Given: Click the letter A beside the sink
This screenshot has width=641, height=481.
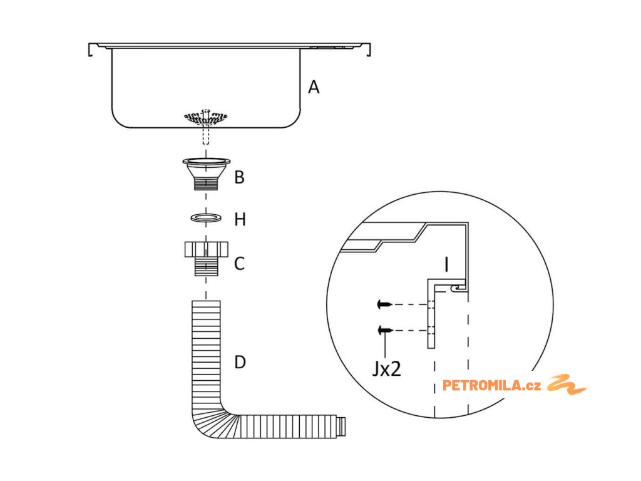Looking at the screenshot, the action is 314,87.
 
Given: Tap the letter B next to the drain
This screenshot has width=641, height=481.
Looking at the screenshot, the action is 239,177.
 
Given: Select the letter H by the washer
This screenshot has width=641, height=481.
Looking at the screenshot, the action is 240,220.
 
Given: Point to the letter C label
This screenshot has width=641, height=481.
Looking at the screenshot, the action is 239,264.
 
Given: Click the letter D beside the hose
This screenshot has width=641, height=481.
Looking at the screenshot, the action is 240,363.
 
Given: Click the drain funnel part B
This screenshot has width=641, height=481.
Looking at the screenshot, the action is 206,172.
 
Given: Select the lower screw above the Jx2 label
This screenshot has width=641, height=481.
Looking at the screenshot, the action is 384,330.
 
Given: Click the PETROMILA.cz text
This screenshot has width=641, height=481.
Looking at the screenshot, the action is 491,385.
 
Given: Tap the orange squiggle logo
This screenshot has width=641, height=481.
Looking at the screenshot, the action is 567,385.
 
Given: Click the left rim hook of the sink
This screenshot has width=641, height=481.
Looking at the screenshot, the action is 91,49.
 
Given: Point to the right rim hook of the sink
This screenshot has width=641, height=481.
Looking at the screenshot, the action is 368,49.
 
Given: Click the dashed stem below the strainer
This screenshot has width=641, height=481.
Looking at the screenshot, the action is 206,135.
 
